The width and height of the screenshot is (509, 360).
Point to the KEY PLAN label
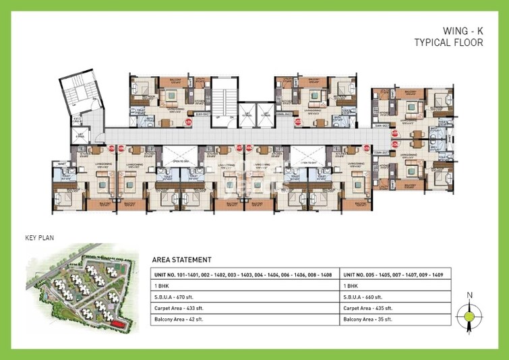click(39, 238)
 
